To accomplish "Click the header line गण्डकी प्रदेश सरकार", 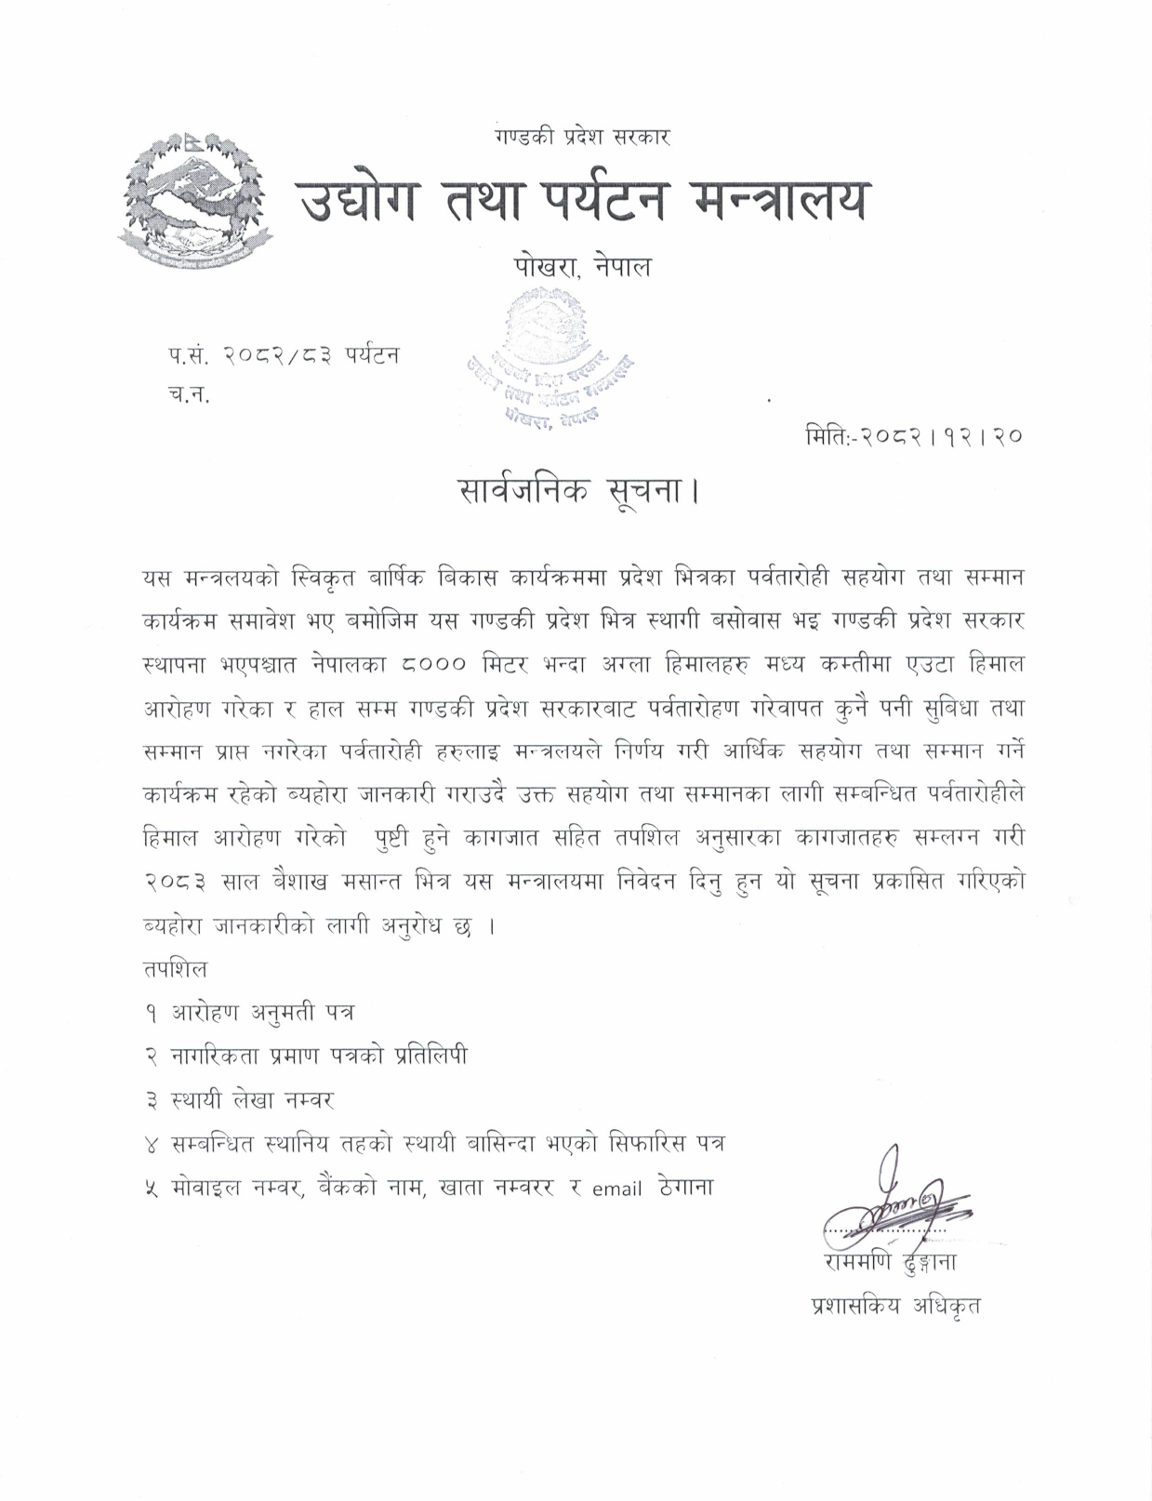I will tap(583, 138).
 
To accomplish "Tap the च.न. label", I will tap(189, 394).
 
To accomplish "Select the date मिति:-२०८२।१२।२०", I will tap(915, 434).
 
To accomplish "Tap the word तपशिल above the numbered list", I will tap(175, 969).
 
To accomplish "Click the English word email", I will tap(616, 1189).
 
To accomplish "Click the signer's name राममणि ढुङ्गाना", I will tap(890, 1263).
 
